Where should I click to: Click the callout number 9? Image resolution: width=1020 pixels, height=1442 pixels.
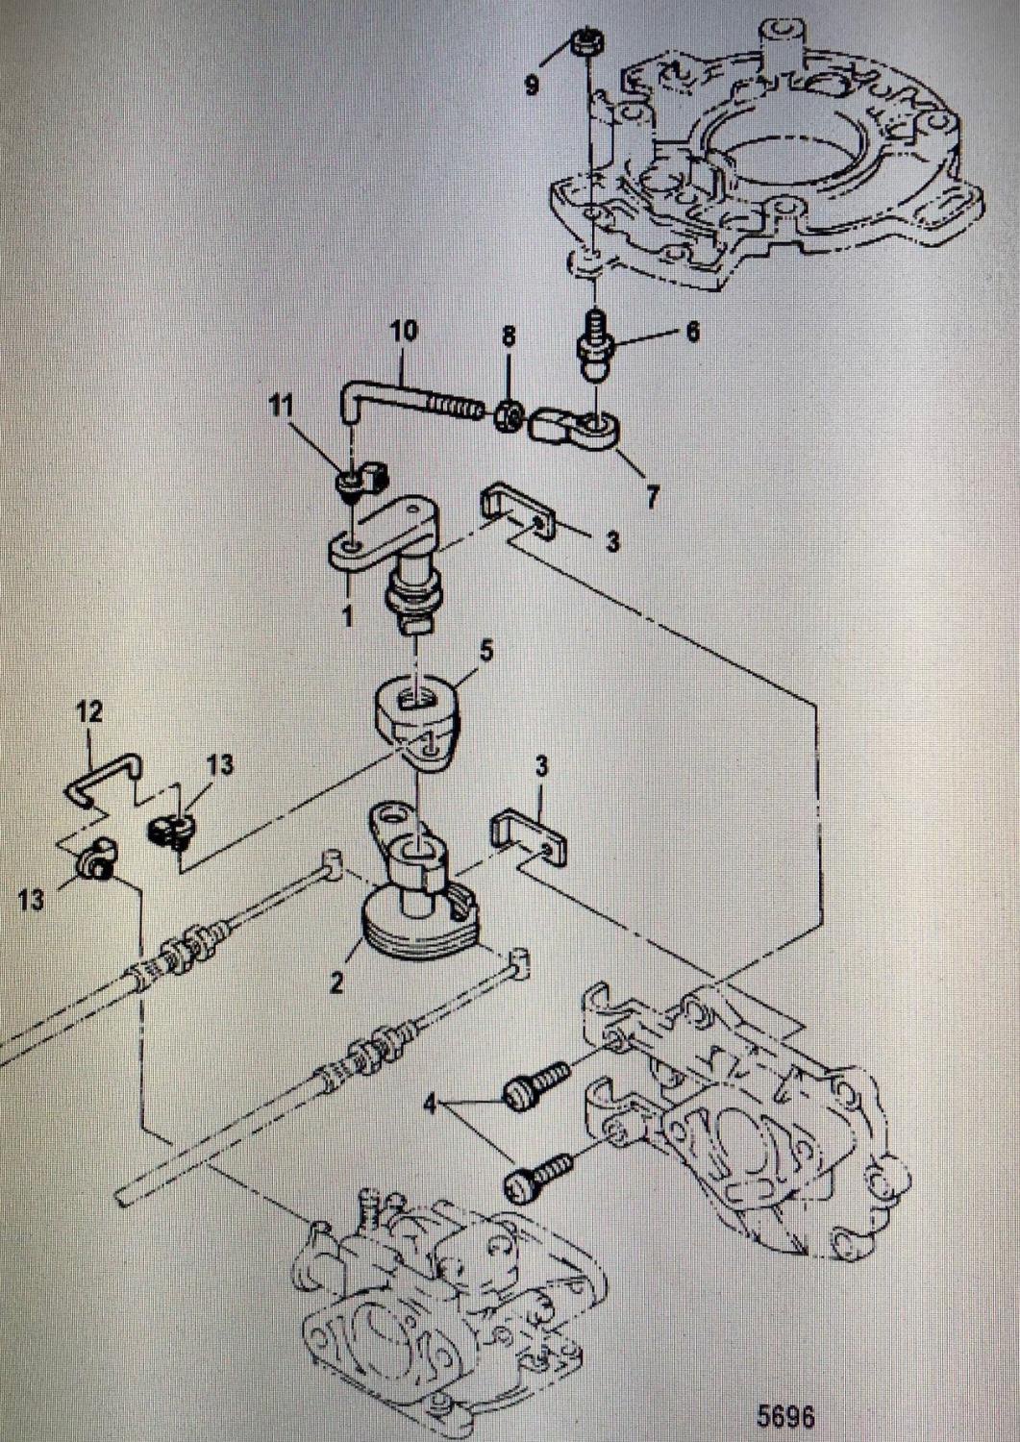tap(532, 86)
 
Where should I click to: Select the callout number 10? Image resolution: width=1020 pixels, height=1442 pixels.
tap(404, 332)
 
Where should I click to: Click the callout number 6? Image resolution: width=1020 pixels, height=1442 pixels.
tap(692, 333)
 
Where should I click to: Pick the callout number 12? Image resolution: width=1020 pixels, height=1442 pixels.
tap(89, 712)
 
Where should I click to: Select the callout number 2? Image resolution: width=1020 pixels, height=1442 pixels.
tap(336, 982)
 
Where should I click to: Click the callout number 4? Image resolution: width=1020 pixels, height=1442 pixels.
tap(431, 1105)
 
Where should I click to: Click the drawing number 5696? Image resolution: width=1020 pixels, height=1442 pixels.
tap(785, 1416)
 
